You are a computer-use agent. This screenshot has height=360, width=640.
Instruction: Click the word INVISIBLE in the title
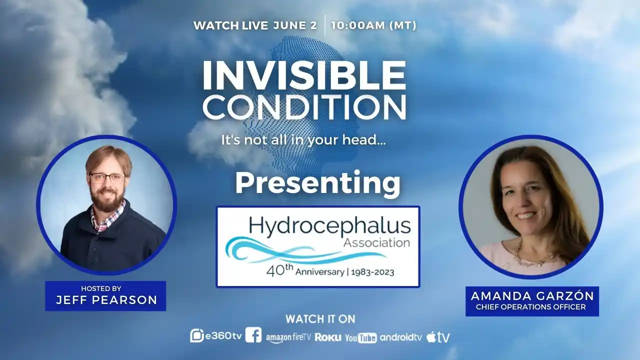click(304, 76)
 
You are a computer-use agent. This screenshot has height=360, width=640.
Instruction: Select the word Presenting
click(317, 184)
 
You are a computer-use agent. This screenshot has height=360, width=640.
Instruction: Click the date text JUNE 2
click(295, 25)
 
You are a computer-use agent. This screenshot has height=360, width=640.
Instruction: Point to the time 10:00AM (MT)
click(373, 25)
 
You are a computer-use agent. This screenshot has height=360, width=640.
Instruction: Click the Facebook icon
click(253, 335)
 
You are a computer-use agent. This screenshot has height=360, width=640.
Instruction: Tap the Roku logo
click(328, 337)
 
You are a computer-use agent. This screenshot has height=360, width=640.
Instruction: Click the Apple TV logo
click(438, 337)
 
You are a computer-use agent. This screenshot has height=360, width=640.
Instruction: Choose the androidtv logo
click(401, 337)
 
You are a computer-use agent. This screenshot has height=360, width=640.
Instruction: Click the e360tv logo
click(216, 335)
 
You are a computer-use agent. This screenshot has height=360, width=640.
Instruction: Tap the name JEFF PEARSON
click(106, 300)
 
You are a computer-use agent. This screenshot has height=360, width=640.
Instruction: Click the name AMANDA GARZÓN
click(532, 296)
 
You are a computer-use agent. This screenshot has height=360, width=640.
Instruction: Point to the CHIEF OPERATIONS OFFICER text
click(531, 307)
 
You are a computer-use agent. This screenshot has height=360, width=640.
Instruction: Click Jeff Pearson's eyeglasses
click(107, 179)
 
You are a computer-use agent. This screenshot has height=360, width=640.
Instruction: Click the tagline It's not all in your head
click(303, 140)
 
